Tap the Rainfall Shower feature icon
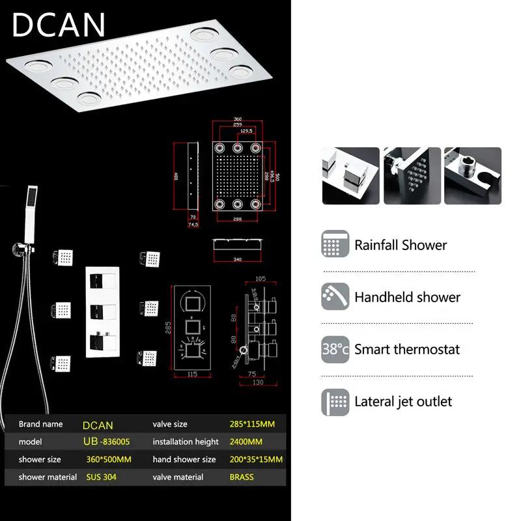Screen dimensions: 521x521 (x=335, y=245)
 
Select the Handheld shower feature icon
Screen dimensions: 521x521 (x=335, y=297)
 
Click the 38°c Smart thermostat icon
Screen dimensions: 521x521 (x=335, y=349)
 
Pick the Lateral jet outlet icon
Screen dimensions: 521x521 (x=335, y=401)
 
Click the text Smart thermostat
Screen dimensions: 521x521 (x=407, y=349)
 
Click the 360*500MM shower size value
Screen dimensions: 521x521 (x=109, y=459)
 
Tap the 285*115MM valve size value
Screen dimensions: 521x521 (x=252, y=424)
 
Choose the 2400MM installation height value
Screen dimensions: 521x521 (x=246, y=442)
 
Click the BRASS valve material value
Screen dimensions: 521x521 (x=242, y=477)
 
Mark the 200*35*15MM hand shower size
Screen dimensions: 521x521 (x=257, y=459)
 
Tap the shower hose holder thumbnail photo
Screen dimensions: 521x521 (x=473, y=176)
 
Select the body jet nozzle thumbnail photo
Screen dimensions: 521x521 (x=411, y=176)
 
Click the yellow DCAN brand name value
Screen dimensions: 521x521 (x=98, y=425)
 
